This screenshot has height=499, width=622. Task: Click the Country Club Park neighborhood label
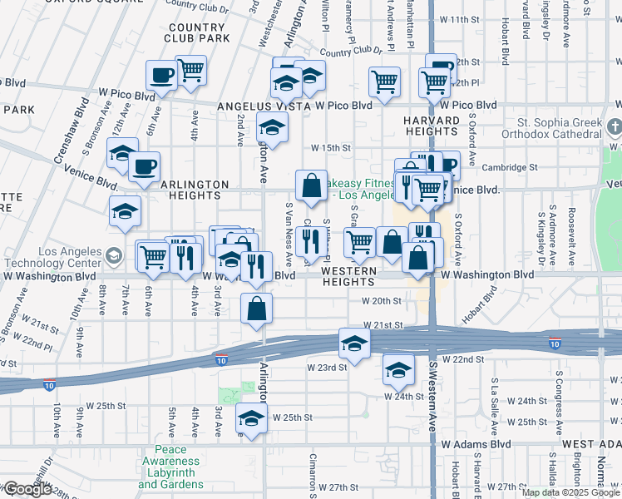[196, 33]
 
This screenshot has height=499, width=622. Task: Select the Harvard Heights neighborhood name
[432, 126]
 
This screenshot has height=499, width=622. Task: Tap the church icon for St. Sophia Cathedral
[614, 128]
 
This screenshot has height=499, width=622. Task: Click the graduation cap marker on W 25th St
[250, 418]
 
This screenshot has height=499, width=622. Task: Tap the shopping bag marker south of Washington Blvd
[257, 309]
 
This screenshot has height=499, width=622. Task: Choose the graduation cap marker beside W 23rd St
[354, 343]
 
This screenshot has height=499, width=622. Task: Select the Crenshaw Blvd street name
[81, 125]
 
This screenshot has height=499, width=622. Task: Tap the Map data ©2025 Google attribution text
[569, 492]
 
